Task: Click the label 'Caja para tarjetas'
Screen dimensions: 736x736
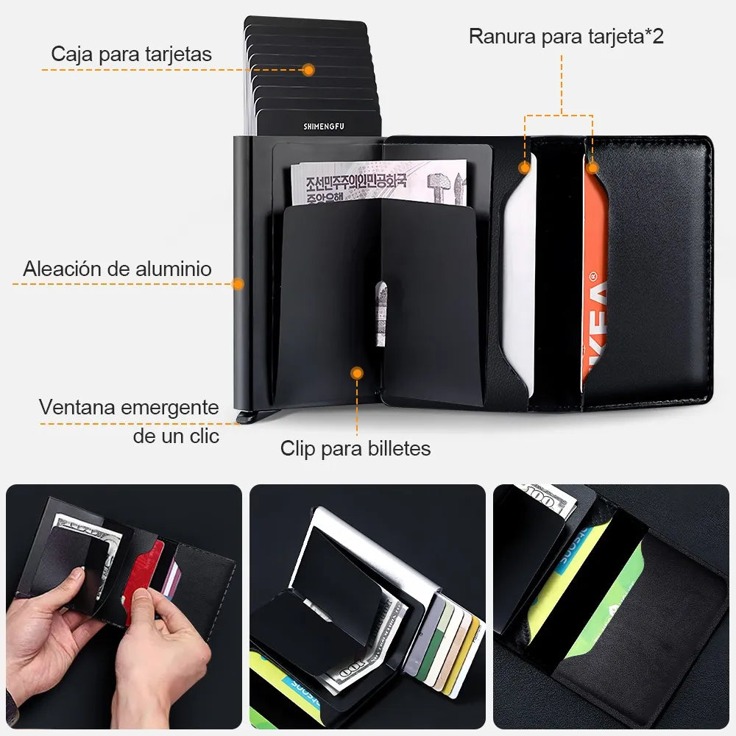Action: click(x=132, y=54)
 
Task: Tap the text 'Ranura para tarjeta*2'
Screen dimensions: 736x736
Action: click(x=566, y=36)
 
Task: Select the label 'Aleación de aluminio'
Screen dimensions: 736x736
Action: click(x=117, y=269)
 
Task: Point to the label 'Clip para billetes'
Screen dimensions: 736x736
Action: click(x=355, y=448)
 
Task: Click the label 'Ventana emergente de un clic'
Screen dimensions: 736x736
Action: click(x=129, y=421)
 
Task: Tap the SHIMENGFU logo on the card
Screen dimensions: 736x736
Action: click(x=324, y=127)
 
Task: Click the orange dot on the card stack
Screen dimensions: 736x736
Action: click(x=308, y=70)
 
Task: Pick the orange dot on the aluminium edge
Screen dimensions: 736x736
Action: click(x=238, y=283)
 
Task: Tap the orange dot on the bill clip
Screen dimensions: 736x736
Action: click(x=357, y=373)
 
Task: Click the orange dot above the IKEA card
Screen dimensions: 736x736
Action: click(x=593, y=168)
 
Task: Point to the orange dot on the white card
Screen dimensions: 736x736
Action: click(x=524, y=168)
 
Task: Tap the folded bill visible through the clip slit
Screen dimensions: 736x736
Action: click(x=381, y=313)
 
